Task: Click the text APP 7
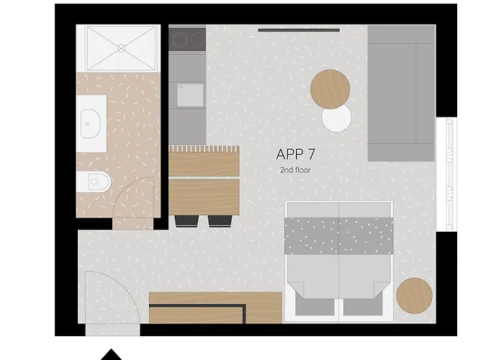pyautogui.click(x=295, y=154)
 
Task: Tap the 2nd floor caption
pyautogui.click(x=295, y=170)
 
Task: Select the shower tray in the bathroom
pyautogui.click(x=118, y=48)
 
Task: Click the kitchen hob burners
pyautogui.click(x=187, y=37)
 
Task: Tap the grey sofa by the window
pyautogui.click(x=401, y=94)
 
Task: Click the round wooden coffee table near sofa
pyautogui.click(x=330, y=89)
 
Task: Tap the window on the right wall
pyautogui.click(x=449, y=173)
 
